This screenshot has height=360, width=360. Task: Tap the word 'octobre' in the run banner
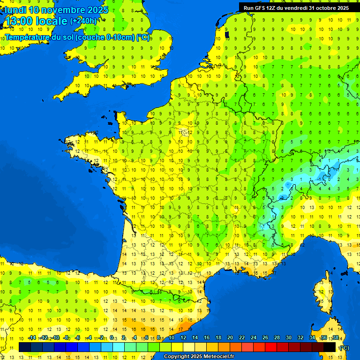(322, 8)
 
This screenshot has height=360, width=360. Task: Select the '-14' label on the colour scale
(32, 338)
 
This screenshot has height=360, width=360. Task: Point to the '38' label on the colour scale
(336, 338)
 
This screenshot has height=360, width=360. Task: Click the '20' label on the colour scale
(230, 338)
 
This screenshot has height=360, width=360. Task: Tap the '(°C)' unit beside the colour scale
(344, 347)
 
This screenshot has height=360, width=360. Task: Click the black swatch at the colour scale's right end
(330, 347)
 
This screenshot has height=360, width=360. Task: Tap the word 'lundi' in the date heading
(15, 9)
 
